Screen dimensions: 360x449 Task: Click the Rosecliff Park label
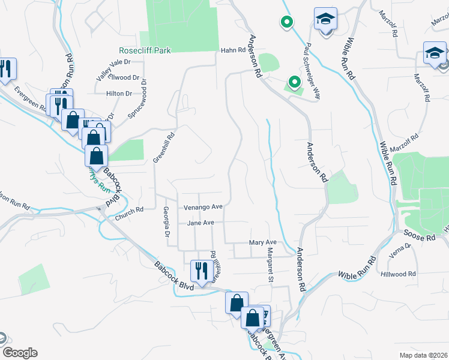pyautogui.click(x=145, y=50)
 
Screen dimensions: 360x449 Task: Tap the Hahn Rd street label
pyautogui.click(x=230, y=50)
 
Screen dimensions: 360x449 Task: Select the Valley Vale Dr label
pyautogui.click(x=113, y=62)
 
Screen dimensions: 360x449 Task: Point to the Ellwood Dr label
pyautogui.click(x=125, y=77)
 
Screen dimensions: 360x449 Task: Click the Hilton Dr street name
pyautogui.click(x=119, y=94)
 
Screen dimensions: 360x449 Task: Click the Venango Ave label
pyautogui.click(x=203, y=207)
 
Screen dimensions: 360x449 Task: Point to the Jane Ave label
pyautogui.click(x=200, y=223)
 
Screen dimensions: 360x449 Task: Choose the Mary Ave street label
pyautogui.click(x=263, y=242)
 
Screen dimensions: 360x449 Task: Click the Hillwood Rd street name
pyautogui.click(x=398, y=274)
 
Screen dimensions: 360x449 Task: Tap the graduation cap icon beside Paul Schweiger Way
pyautogui.click(x=325, y=20)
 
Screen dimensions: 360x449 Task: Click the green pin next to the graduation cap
pyautogui.click(x=287, y=23)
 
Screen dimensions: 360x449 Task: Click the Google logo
pyautogui.click(x=20, y=353)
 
